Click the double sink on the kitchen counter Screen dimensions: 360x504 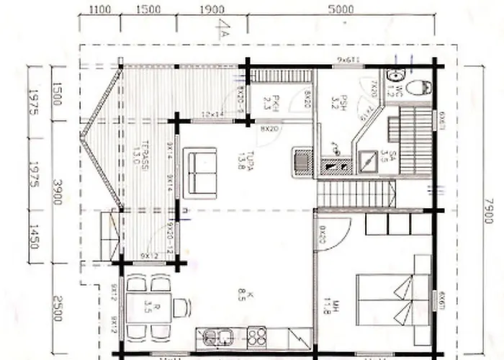[x=217, y=337]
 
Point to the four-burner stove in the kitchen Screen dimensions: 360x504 [x=256, y=337]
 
